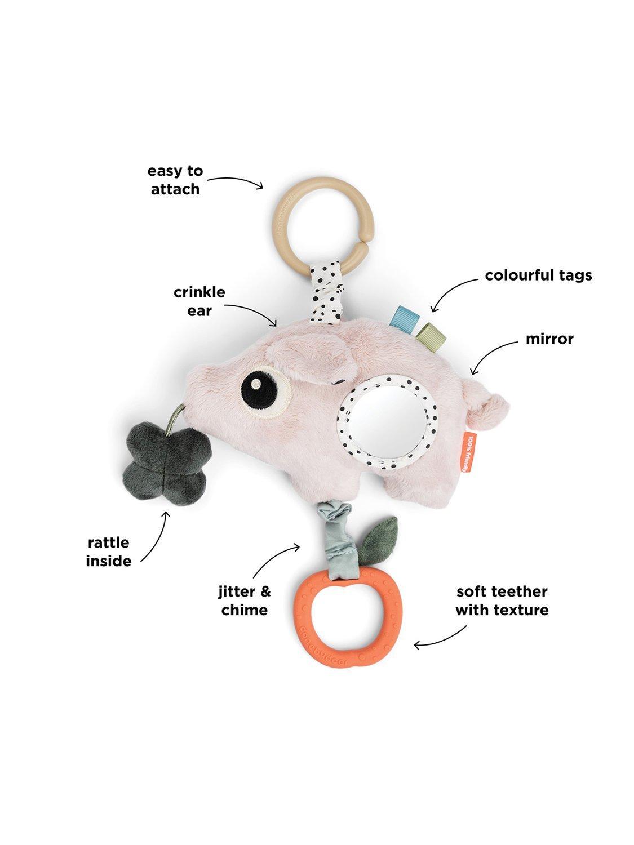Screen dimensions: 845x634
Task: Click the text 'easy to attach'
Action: pyautogui.click(x=175, y=180)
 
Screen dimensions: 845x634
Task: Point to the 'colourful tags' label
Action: pyautogui.click(x=538, y=275)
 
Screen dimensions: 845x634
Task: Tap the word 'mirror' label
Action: pyautogui.click(x=549, y=339)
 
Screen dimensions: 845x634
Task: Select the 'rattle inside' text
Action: pyautogui.click(x=108, y=552)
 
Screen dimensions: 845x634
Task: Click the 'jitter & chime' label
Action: pyautogui.click(x=244, y=601)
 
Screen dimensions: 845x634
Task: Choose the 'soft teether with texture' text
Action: pyautogui.click(x=502, y=601)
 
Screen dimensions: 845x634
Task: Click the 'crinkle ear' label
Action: pyautogui.click(x=199, y=301)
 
